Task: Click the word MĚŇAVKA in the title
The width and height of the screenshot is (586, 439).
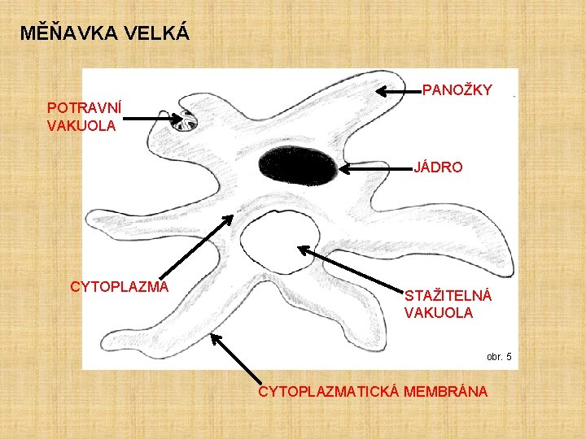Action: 68,33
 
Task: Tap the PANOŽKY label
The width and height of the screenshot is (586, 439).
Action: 457,89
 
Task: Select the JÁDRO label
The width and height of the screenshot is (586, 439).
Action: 439,167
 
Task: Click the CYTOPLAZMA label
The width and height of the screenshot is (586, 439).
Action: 120,287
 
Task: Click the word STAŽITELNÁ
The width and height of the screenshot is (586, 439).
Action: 448,296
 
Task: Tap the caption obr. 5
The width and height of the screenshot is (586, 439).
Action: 499,357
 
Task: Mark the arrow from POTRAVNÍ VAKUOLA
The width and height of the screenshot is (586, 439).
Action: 155,119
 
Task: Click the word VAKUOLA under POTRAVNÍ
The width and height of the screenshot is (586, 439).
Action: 81,126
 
